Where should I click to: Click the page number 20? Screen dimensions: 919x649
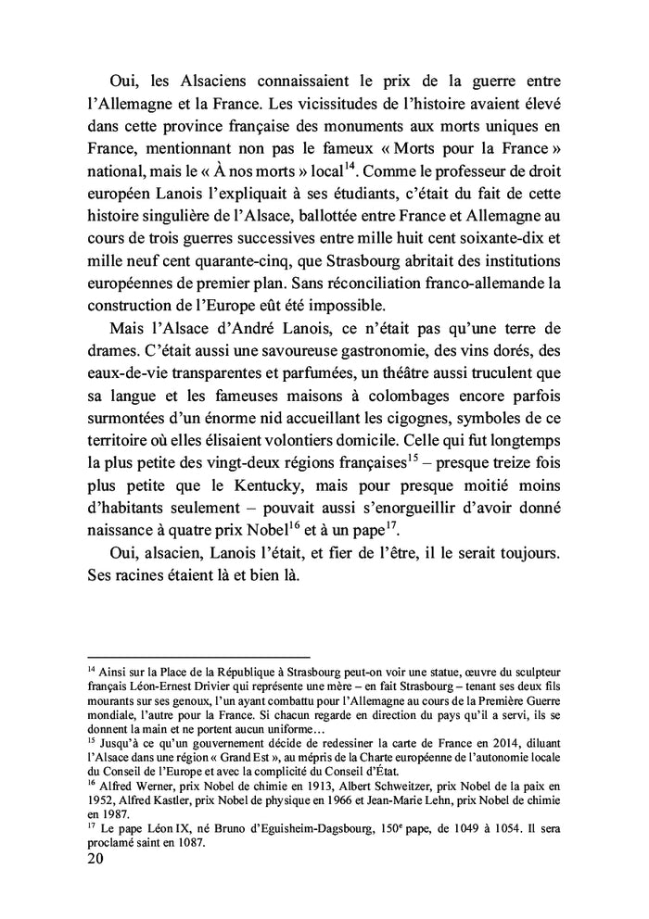click(94, 859)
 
